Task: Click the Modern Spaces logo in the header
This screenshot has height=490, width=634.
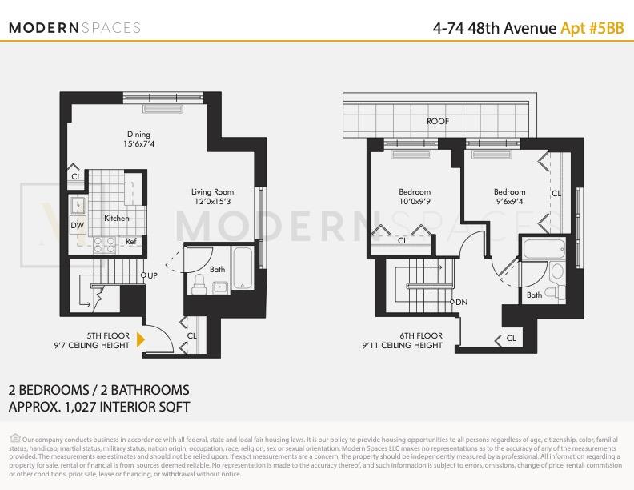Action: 74,27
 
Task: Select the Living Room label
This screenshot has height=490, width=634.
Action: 212,197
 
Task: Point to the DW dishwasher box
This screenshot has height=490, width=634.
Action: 78,226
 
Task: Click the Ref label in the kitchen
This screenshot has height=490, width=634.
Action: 130,241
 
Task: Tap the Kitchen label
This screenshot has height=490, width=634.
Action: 116,219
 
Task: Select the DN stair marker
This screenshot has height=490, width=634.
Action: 460,302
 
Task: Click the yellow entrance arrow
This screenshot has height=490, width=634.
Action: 141,340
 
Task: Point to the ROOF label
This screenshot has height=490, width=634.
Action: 437,122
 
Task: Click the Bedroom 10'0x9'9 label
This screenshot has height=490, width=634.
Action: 415,197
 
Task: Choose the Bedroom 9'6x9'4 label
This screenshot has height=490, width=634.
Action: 509,197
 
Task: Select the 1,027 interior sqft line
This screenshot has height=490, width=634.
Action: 98,406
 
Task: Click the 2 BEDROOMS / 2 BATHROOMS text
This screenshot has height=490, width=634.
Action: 98,390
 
